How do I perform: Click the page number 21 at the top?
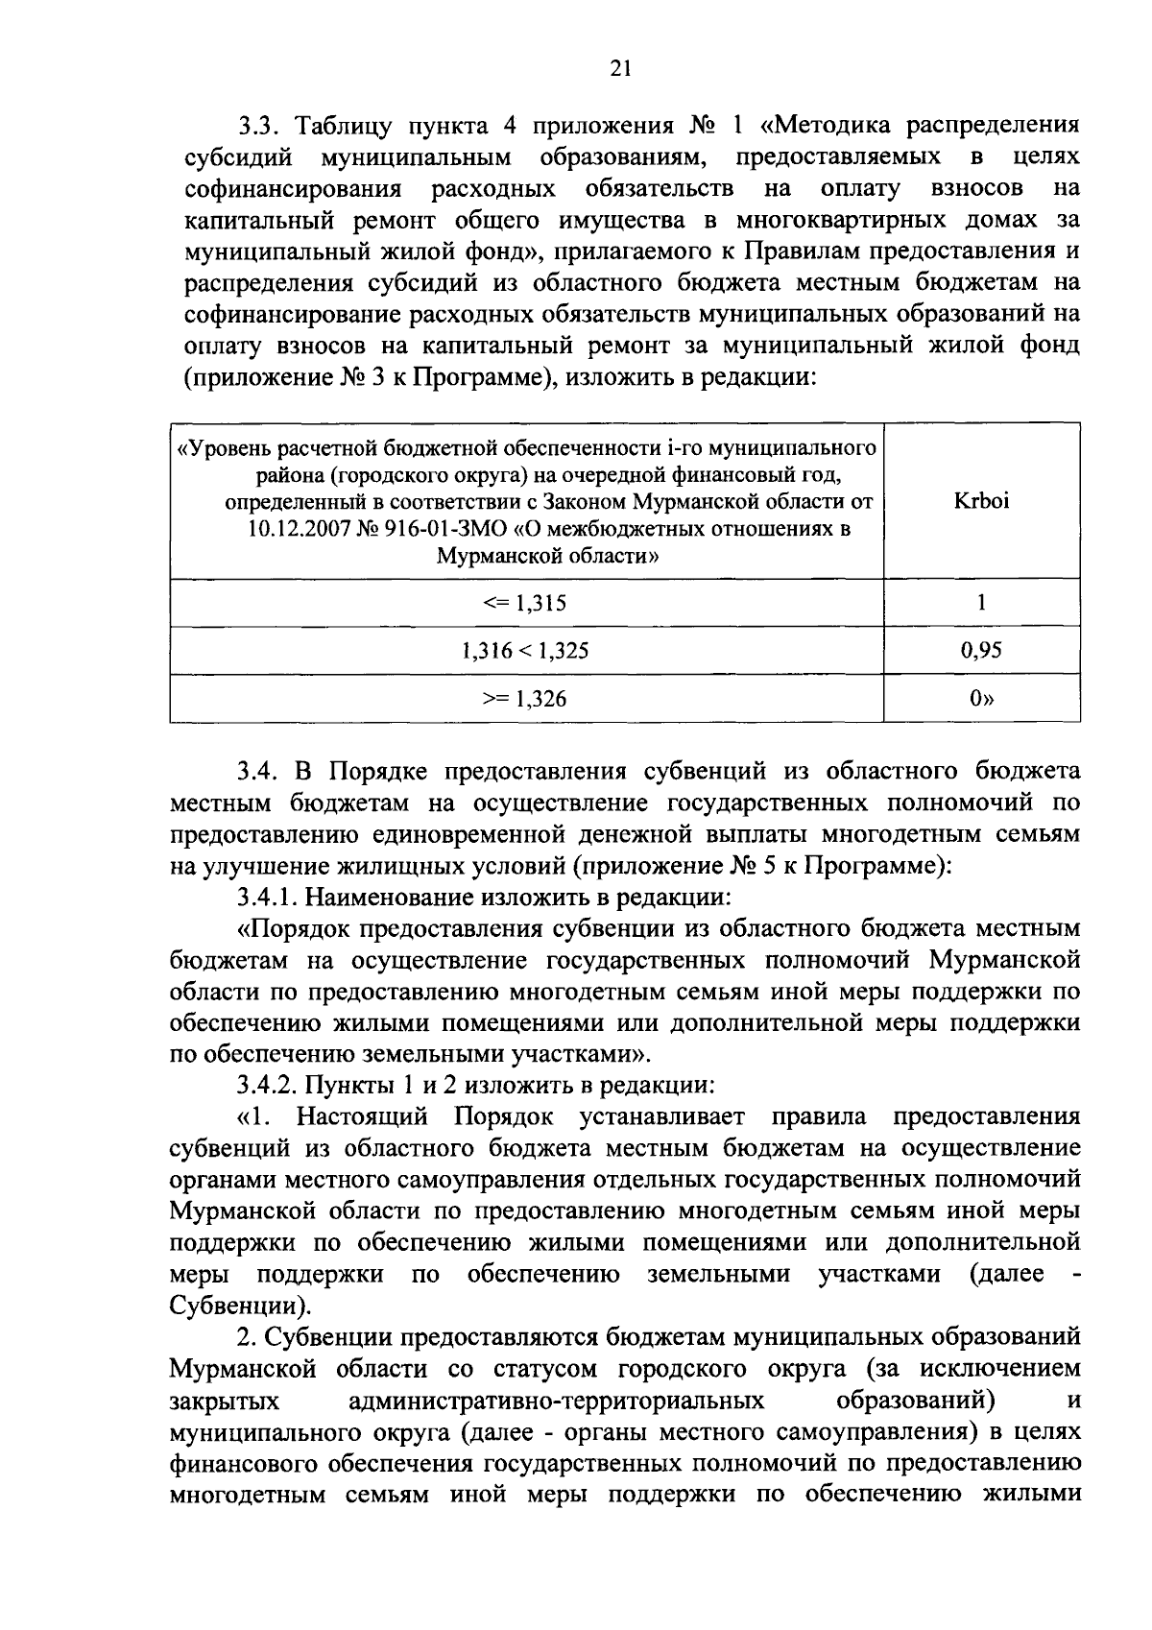point(619,67)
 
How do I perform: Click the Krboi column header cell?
point(981,501)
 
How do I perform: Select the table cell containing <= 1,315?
point(525,603)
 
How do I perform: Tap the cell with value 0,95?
point(981,651)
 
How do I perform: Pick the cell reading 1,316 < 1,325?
point(525,651)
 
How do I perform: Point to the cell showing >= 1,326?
point(525,699)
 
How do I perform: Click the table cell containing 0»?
point(981,699)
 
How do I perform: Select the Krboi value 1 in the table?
point(981,603)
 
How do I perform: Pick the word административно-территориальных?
point(558,1401)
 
